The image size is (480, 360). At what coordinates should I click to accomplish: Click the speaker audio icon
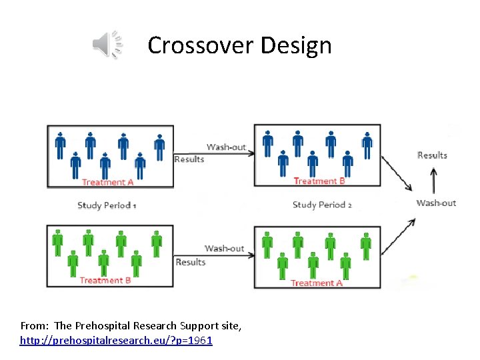[107, 45]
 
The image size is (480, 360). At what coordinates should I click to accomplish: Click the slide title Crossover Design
[239, 45]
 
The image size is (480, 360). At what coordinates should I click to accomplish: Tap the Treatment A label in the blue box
[107, 182]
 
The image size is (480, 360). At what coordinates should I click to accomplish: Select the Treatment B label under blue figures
[319, 181]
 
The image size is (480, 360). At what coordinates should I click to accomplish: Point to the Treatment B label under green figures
[105, 280]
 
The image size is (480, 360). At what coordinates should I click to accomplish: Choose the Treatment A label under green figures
[317, 283]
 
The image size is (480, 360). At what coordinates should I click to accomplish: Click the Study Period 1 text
[107, 205]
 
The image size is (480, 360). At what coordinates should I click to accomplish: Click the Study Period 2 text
[322, 205]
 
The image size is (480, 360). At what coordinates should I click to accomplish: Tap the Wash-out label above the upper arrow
[226, 147]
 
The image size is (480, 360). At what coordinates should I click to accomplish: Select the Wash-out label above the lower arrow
[225, 248]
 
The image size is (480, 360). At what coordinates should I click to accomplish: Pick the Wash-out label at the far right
[436, 203]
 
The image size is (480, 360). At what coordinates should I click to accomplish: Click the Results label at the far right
[432, 155]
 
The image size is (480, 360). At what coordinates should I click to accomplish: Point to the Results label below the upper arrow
[189, 159]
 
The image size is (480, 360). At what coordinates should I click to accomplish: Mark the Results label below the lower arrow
[191, 262]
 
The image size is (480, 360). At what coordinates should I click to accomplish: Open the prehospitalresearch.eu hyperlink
[116, 341]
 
